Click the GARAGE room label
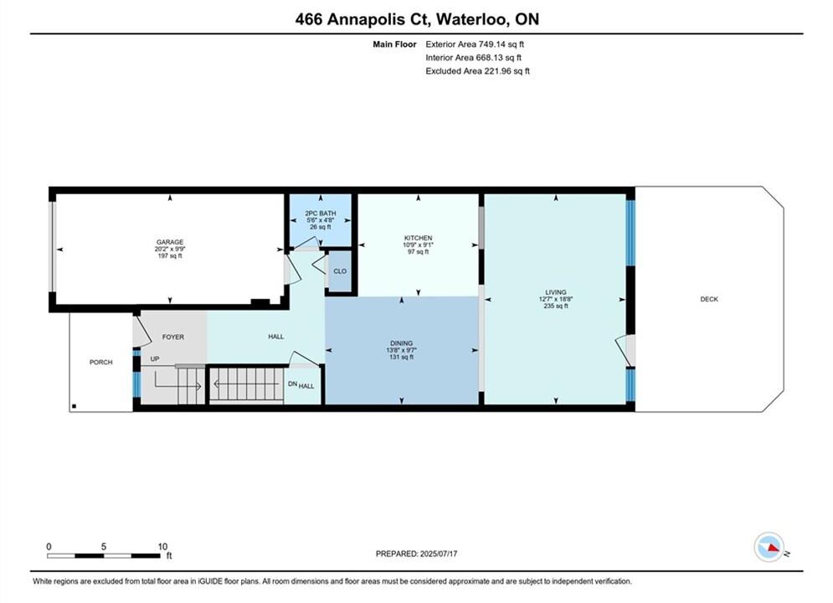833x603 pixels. pos(169,242)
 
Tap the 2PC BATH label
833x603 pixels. pos(321,213)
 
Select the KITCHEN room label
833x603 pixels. pos(418,238)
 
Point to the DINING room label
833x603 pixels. pos(401,343)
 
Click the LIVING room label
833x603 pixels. pos(556,292)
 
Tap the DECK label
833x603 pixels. pos(709,299)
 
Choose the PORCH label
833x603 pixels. pos(101,363)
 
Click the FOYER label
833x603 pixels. pos(173,337)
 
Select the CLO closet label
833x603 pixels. pos(340,271)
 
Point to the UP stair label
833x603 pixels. pos(155,358)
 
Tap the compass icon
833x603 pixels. pos(769,547)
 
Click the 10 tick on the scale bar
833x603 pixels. pos(162,546)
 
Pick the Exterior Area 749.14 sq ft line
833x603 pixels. pos(475,44)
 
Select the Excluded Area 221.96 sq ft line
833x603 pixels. pos(477,70)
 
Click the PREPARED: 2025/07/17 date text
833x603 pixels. pos(417,554)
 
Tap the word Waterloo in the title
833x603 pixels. pos(473,19)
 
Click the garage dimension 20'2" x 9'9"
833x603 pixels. pos(169,249)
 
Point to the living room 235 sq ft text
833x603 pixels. pos(556,306)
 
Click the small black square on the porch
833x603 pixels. pos(74,406)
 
